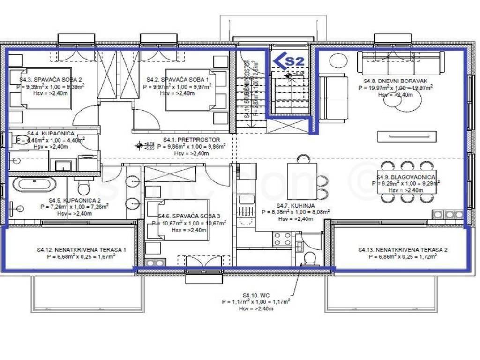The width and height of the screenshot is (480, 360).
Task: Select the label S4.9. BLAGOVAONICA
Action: click(406, 177)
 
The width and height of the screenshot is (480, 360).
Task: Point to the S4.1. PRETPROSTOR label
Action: click(191, 140)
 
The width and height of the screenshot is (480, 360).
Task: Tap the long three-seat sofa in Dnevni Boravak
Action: click(401, 63)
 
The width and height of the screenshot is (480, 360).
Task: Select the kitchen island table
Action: click(302, 181)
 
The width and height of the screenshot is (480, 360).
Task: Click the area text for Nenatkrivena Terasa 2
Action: click(403, 257)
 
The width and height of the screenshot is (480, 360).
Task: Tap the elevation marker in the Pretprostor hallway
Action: click(139, 146)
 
